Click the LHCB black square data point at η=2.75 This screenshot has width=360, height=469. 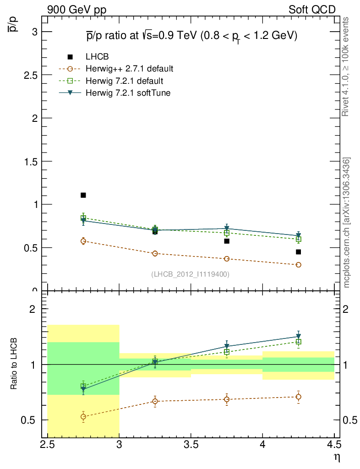tap(83, 195)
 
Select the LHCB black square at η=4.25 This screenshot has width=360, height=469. tap(298, 252)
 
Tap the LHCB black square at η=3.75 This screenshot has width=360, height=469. tap(227, 241)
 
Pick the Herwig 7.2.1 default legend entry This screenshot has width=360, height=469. tap(124, 81)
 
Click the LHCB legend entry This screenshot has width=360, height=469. tap(98, 57)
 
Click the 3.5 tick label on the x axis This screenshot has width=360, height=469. tap(191, 444)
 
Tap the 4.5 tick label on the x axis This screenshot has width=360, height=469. tap(334, 444)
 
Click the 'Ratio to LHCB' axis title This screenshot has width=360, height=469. tap(15, 364)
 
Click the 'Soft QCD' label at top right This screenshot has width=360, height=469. tap(312, 9)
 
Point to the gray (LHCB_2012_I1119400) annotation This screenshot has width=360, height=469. tap(190, 274)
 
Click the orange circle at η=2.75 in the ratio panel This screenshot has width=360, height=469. tap(83, 417)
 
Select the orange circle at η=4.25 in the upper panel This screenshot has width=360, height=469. tap(298, 265)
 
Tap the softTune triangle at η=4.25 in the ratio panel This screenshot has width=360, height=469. tap(298, 337)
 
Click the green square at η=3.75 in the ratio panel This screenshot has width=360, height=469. tap(227, 352)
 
